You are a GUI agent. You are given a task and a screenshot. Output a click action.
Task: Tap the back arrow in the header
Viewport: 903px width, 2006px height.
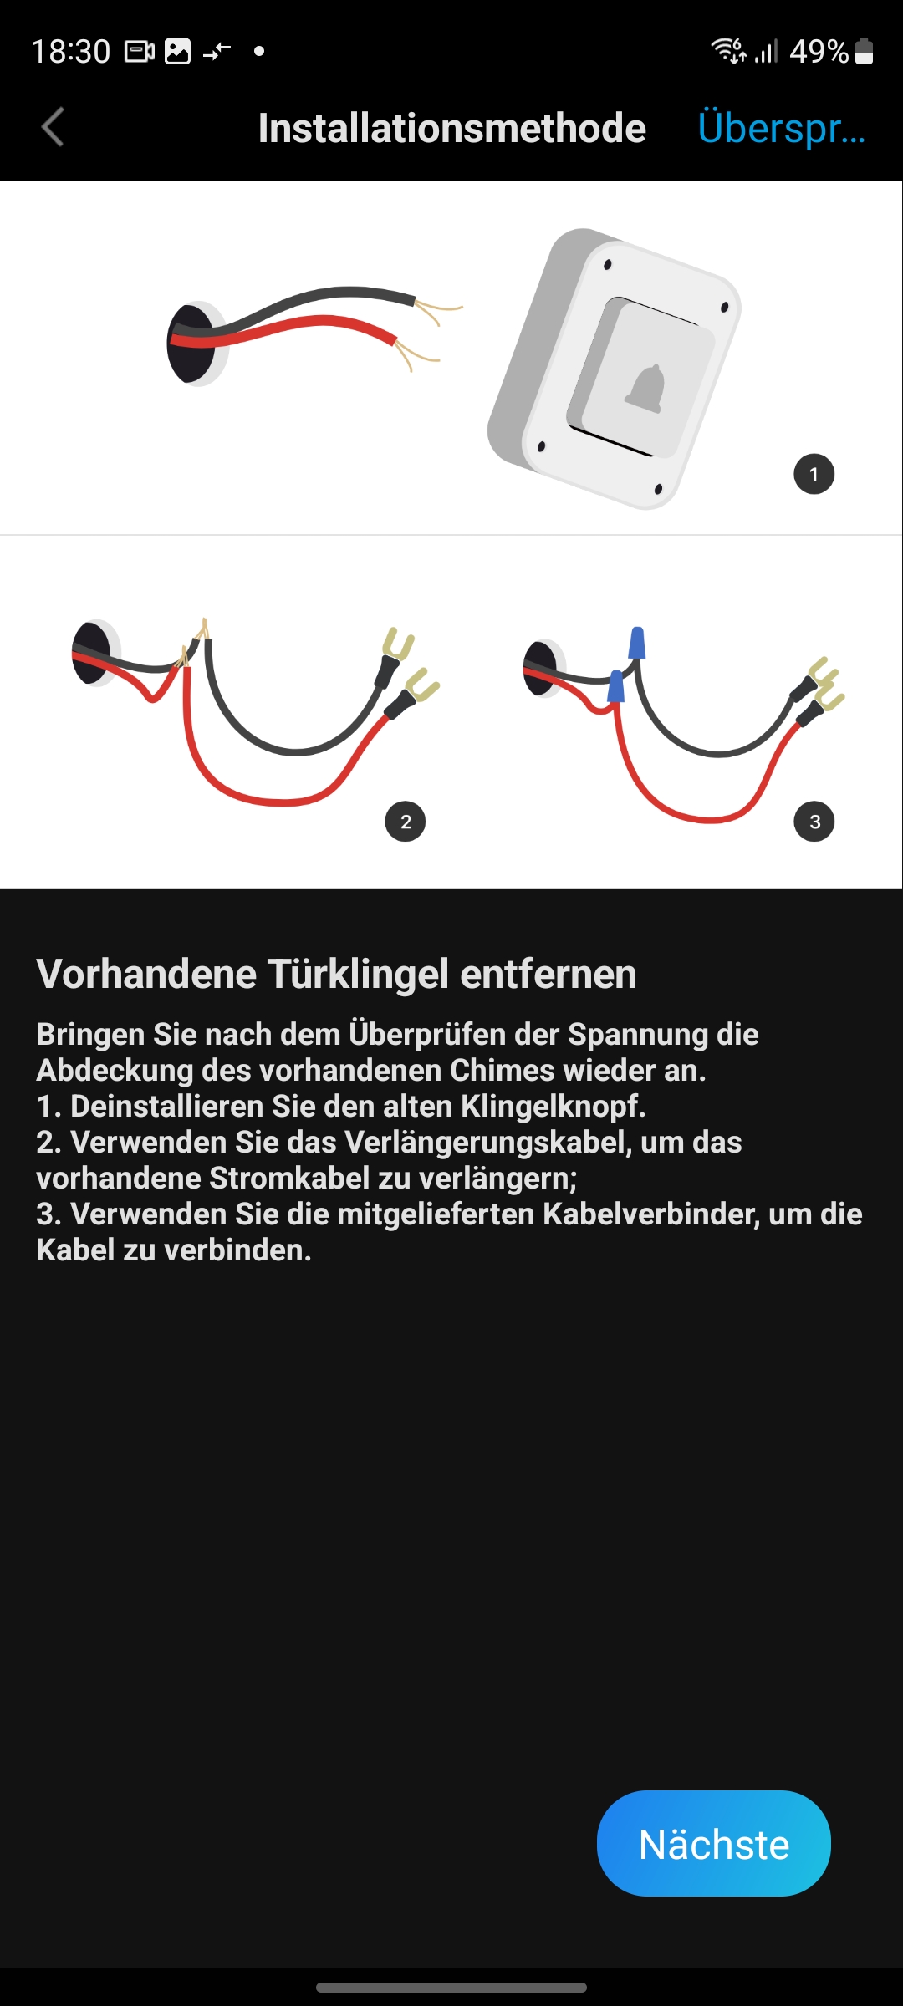coord(53,128)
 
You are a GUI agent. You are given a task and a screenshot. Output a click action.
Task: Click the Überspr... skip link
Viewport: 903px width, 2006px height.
coord(781,128)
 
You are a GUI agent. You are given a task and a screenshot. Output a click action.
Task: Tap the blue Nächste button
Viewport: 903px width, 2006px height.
coord(713,1843)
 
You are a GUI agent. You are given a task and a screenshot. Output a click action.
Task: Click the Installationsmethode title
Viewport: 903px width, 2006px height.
coord(451,128)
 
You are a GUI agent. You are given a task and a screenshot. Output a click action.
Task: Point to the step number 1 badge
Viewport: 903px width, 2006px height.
coord(814,475)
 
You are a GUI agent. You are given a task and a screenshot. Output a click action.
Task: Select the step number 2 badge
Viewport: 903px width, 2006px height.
coord(406,822)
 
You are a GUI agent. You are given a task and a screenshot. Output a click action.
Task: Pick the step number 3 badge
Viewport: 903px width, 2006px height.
coord(814,822)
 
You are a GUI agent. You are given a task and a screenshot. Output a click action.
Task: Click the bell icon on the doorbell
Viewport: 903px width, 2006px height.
coord(645,389)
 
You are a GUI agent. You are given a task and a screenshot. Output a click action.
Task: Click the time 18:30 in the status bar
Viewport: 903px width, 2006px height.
coord(71,52)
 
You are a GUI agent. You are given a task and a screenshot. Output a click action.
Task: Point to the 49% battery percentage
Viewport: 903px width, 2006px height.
coord(819,52)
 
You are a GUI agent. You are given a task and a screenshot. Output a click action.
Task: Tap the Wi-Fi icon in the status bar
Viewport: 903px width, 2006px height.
coord(727,50)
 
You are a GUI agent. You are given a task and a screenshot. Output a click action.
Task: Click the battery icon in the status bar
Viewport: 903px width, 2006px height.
coord(865,52)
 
